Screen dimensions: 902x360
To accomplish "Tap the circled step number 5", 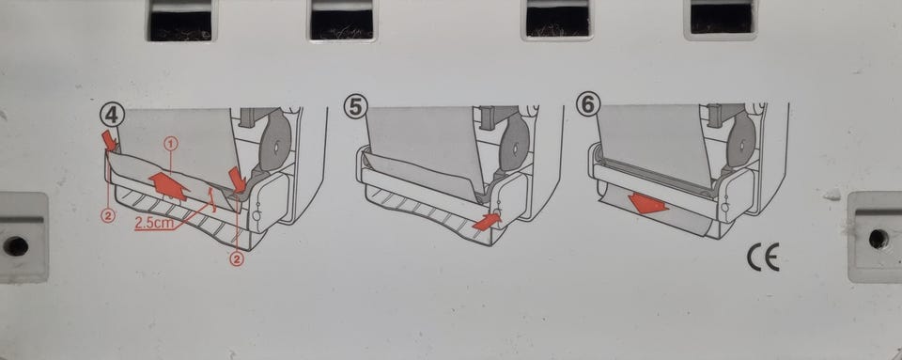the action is tap(354, 107).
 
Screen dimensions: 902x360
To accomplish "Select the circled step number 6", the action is tap(589, 104).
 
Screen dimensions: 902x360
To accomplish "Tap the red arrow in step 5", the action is tap(487, 222).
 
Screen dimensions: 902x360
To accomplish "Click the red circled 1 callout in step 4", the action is tap(171, 143).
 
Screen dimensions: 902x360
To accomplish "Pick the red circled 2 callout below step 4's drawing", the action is tap(237, 260).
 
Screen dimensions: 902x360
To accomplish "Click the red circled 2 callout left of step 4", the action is tap(109, 216).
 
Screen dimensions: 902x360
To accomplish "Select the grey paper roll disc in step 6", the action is tap(742, 140).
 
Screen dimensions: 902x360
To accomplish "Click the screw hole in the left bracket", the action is tap(16, 246).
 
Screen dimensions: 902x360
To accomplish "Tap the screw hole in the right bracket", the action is tap(878, 238).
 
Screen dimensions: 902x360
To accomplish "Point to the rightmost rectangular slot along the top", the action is tap(722, 19).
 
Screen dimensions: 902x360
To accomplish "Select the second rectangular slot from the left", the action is tap(342, 20).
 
